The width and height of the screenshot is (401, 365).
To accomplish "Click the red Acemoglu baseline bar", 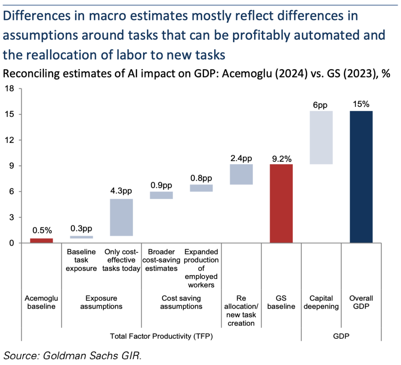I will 42,240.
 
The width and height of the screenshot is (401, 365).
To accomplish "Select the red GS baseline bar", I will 281,203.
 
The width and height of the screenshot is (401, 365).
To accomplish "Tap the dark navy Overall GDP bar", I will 361,177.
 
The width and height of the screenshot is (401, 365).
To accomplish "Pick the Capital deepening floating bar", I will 321,137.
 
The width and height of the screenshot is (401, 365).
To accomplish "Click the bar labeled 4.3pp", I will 121,217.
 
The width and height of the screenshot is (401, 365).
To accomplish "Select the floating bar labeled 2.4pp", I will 241,174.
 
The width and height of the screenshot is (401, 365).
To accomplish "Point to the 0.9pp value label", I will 161,185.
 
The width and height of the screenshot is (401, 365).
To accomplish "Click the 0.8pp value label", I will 201,178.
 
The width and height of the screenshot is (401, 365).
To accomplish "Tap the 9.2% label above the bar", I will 281,159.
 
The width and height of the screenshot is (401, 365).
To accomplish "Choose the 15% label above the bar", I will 361,105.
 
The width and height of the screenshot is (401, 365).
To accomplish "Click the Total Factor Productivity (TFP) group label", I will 161,335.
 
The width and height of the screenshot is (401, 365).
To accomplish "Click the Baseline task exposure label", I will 81,260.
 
